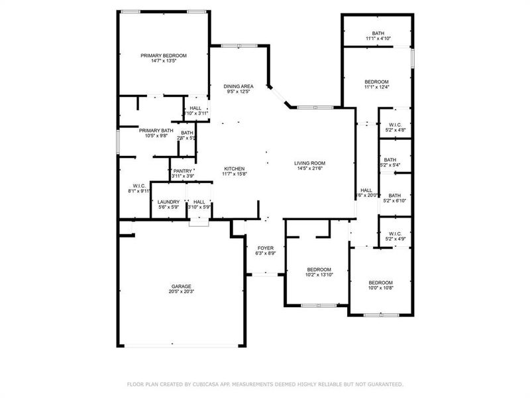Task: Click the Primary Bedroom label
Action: pyautogui.click(x=163, y=56)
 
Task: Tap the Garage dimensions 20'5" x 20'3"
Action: pyautogui.click(x=182, y=291)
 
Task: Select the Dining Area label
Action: pyautogui.click(x=238, y=86)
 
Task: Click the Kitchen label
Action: pyautogui.click(x=235, y=168)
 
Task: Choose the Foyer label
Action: pyautogui.click(x=265, y=247)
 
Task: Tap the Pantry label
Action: pyautogui.click(x=183, y=171)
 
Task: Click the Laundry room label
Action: pyautogui.click(x=168, y=202)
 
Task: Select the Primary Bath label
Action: pyautogui.click(x=156, y=131)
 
